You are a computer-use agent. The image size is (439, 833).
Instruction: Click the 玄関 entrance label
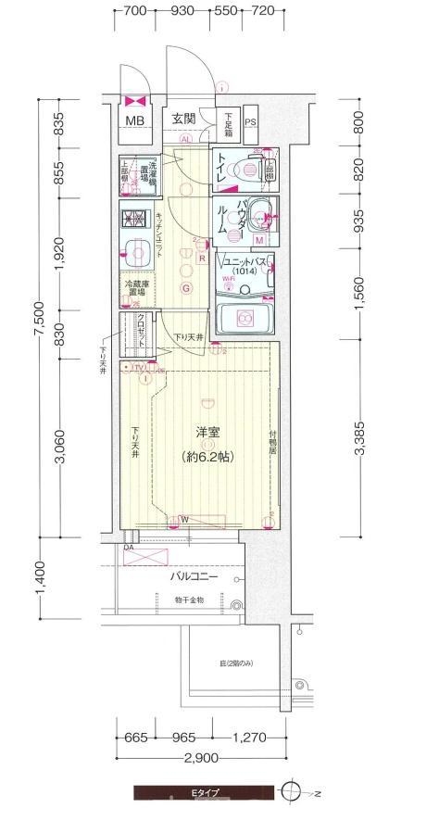(x=183, y=119)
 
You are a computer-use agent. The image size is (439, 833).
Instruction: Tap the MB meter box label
(x=135, y=120)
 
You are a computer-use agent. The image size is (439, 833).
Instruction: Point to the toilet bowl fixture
(x=247, y=170)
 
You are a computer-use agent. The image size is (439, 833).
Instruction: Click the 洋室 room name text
(x=207, y=432)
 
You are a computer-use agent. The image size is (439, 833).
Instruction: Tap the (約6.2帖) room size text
(x=207, y=456)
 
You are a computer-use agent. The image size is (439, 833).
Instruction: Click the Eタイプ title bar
(x=204, y=793)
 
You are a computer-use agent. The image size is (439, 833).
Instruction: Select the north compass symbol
(x=293, y=792)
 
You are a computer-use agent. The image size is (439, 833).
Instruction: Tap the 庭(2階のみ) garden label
(x=236, y=663)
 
